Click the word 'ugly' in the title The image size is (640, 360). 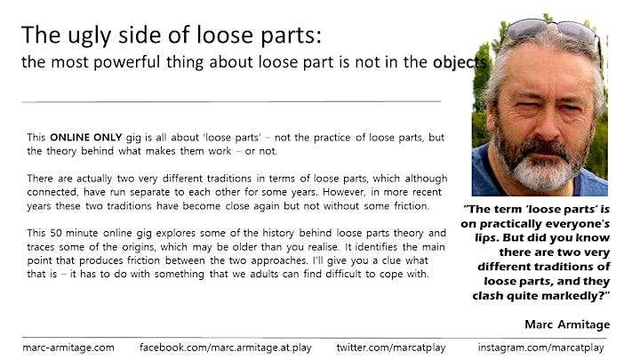pyautogui.click(x=89, y=36)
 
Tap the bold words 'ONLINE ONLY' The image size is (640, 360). pyautogui.click(x=85, y=137)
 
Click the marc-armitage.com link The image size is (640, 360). pyautogui.click(x=68, y=348)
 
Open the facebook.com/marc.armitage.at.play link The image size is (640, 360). pyautogui.click(x=225, y=348)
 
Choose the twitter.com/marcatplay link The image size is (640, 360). pyautogui.click(x=390, y=348)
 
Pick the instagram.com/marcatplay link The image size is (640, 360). pyautogui.click(x=540, y=348)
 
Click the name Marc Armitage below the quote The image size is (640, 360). pyautogui.click(x=567, y=324)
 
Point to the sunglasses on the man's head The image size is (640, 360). pyautogui.click(x=550, y=31)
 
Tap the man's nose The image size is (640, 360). pyautogui.click(x=547, y=125)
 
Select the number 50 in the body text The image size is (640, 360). pyautogui.click(x=56, y=233)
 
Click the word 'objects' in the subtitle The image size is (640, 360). pyautogui.click(x=460, y=62)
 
